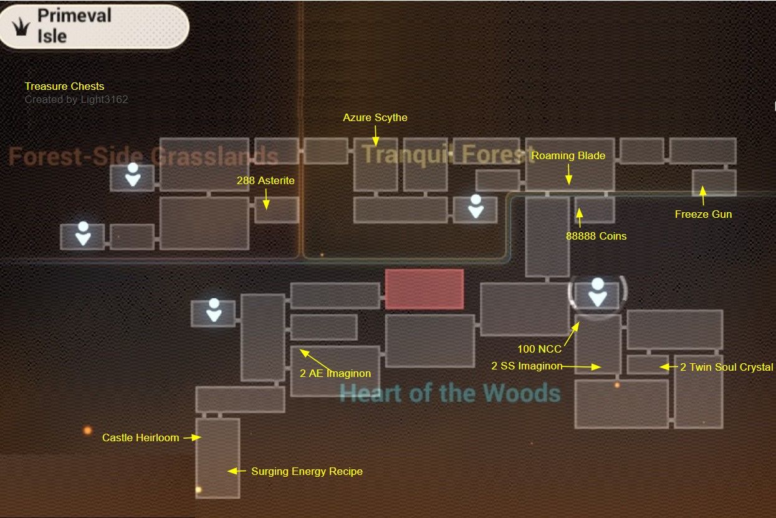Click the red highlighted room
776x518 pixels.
pos(424,289)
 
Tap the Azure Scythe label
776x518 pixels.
pos(375,117)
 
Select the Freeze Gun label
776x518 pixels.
pos(703,214)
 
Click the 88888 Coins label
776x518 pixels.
pos(596,236)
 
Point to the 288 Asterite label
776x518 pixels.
pos(266,180)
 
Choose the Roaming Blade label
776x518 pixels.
pos(568,155)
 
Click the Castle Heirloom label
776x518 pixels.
pos(140,437)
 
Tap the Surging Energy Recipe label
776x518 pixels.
pos(307,471)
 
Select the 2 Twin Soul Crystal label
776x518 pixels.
pos(726,367)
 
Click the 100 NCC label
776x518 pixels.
pos(539,349)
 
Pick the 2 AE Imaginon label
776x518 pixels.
pos(335,373)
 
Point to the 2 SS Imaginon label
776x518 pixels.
pos(527,366)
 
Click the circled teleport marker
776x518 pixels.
pos(598,293)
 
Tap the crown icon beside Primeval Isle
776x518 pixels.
pos(22,26)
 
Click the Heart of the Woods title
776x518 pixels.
pos(450,393)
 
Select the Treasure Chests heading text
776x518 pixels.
pos(64,86)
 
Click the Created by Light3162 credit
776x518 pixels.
pos(76,99)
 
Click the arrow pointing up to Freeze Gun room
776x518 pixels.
pos(702,195)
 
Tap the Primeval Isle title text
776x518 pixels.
pos(74,25)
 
